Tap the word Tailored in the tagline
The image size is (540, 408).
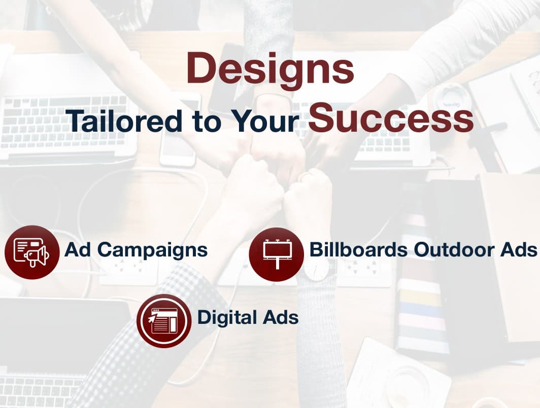[x=125, y=121]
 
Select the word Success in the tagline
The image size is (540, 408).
[x=391, y=117]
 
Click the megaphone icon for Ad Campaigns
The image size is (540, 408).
[x=31, y=252]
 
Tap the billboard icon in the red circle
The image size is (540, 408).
[x=277, y=254]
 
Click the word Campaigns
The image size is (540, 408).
[x=152, y=250]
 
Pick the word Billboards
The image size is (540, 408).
[x=358, y=249]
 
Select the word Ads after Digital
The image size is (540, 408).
[x=280, y=317]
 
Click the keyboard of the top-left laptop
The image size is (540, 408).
[x=64, y=121]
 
